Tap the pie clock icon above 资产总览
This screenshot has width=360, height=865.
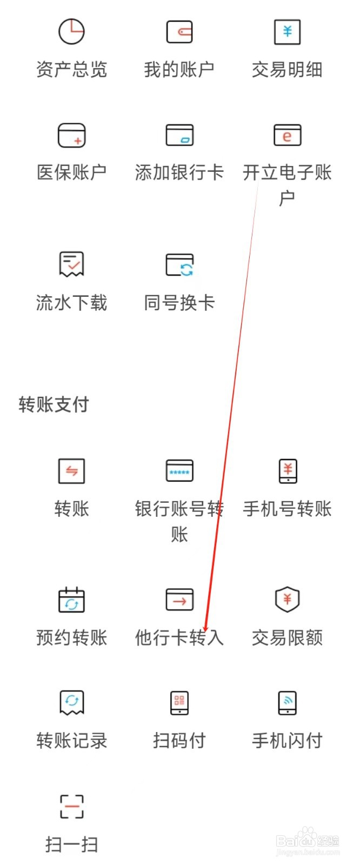(x=71, y=31)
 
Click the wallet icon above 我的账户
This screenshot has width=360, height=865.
(x=179, y=32)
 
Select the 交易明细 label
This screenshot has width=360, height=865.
(x=287, y=70)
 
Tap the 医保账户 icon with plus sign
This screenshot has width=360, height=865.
(x=71, y=135)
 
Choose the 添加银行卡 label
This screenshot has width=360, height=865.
(x=179, y=172)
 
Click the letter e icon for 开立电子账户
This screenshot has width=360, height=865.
(x=287, y=135)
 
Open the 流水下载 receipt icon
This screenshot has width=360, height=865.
(x=71, y=264)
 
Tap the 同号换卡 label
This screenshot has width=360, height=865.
(x=179, y=302)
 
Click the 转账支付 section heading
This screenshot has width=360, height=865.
(x=54, y=404)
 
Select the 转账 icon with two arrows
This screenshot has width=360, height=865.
(x=71, y=471)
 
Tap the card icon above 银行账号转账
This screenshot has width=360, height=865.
(x=179, y=471)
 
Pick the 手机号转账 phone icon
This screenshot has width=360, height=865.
(x=287, y=471)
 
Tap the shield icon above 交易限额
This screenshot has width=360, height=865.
(x=287, y=600)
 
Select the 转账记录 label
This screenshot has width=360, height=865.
(x=71, y=741)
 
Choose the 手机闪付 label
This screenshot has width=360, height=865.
(x=287, y=741)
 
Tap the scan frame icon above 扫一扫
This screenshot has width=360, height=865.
(x=71, y=806)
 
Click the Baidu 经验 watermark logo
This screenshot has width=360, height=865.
(x=308, y=841)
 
